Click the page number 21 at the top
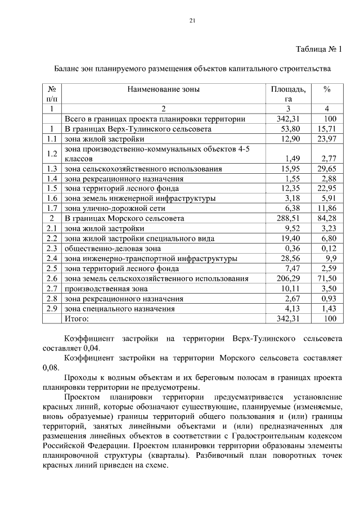click(192, 21)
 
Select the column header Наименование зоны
click(163, 89)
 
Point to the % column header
click(327, 89)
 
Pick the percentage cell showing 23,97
click(325, 138)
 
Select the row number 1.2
click(52, 154)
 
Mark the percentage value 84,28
click(325, 218)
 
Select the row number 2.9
click(52, 308)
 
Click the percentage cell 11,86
click(325, 208)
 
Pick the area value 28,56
click(290, 258)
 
